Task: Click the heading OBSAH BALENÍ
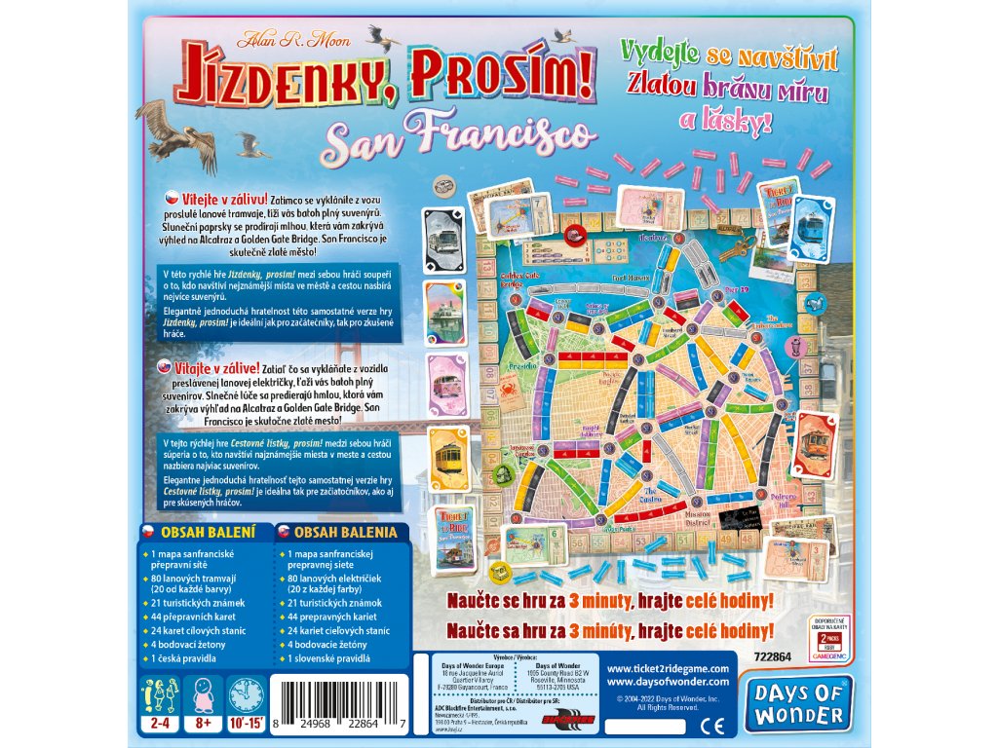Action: point(207,532)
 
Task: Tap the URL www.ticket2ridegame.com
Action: point(667,669)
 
